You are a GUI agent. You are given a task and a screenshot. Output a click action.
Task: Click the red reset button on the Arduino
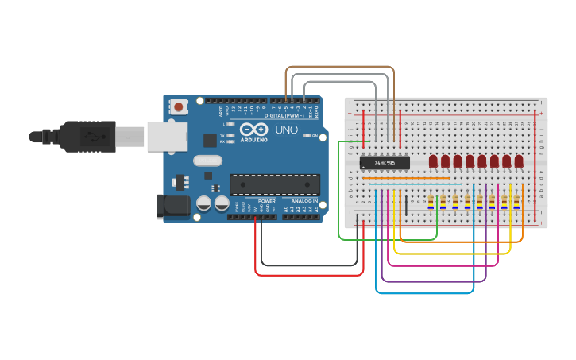[179, 106]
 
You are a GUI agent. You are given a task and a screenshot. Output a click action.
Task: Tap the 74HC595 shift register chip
[385, 163]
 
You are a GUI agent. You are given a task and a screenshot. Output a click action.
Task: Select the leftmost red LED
[433, 161]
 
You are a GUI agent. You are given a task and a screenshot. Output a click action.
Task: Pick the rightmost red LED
[519, 161]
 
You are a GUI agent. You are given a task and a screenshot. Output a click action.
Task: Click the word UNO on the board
[286, 130]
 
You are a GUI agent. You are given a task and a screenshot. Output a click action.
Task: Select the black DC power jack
[174, 206]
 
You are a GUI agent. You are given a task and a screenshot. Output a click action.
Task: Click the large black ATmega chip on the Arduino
[275, 184]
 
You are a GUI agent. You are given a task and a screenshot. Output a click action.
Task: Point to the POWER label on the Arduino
[267, 201]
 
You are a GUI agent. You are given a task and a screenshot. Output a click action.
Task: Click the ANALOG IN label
[303, 201]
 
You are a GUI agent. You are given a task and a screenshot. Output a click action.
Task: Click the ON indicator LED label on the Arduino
[315, 136]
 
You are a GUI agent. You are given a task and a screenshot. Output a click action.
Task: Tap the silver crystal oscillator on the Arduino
[207, 161]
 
